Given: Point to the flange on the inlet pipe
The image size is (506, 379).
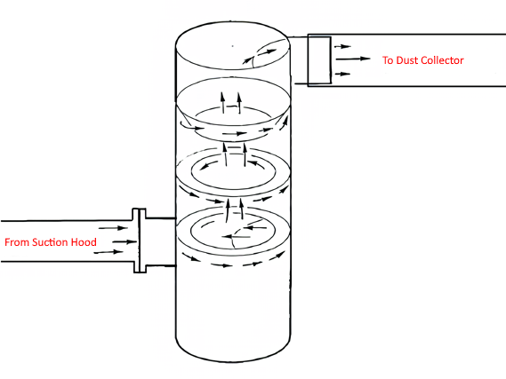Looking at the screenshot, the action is tap(140, 241).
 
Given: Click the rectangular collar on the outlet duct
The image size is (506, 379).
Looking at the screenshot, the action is tap(319, 61).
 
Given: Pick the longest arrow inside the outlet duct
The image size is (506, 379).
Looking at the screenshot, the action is tap(353, 59).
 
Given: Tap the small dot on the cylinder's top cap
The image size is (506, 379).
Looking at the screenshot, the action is tap(233, 46).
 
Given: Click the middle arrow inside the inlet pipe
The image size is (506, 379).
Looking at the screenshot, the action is tap(124, 241).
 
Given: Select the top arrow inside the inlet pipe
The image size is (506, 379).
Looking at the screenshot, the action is tap(113, 228).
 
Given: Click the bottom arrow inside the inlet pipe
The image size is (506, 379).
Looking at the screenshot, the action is tap(108, 252).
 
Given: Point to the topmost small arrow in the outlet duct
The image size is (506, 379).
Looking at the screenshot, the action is tap(342, 47).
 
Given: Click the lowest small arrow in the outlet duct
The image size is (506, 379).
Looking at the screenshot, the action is tap(342, 74).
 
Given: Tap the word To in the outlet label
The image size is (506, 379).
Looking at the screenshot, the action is tap(388, 60).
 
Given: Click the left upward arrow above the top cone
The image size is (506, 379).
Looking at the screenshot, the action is tap(222, 103).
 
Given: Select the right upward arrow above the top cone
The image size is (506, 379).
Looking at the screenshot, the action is tap(239, 103).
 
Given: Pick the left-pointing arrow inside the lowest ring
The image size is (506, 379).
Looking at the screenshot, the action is tap(237, 237).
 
